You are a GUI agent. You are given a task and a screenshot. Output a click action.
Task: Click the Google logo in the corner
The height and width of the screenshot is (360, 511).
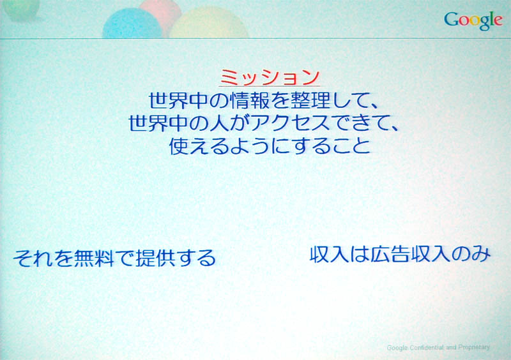pyautogui.click(x=473, y=20)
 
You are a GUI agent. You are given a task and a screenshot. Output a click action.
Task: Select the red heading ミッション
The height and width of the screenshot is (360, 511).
pyautogui.click(x=270, y=77)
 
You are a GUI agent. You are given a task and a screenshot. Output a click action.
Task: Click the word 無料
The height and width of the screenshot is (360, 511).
pyautogui.click(x=94, y=258)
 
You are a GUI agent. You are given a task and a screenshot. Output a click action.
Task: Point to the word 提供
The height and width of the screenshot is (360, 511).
pyautogui.click(x=155, y=258)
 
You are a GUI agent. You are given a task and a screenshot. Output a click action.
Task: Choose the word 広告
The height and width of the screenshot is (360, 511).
pyautogui.click(x=390, y=254)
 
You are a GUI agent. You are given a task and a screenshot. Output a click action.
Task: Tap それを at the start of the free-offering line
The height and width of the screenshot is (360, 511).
pyautogui.click(x=43, y=258)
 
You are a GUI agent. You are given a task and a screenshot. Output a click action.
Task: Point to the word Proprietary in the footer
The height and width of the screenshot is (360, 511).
pyautogui.click(x=474, y=347)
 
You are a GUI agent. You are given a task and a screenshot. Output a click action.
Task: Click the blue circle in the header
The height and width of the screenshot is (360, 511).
pyautogui.click(x=132, y=24)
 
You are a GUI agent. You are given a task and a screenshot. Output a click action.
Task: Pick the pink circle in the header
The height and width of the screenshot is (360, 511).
pyautogui.click(x=162, y=13)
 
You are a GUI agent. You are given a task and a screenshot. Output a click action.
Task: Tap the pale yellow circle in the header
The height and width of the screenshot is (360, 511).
pyautogui.click(x=209, y=23)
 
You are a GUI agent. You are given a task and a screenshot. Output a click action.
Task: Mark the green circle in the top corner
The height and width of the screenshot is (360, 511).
pyautogui.click(x=21, y=10)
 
